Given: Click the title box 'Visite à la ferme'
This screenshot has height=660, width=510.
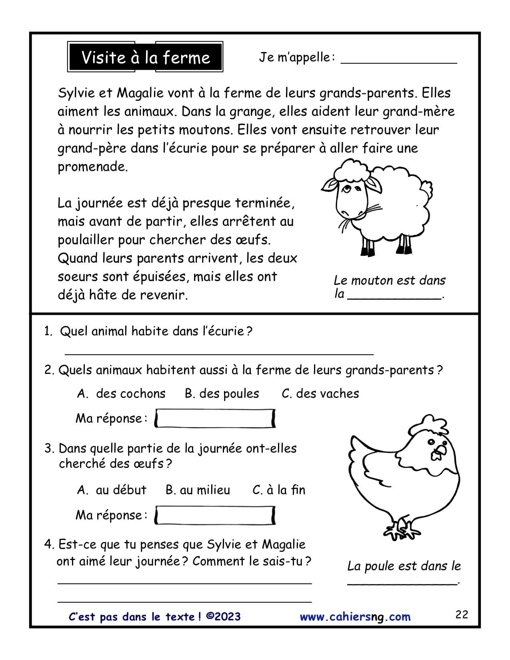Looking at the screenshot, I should (146, 57).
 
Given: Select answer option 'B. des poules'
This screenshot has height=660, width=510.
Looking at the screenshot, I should (222, 394).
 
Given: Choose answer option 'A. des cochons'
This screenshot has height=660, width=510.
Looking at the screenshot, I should (121, 394).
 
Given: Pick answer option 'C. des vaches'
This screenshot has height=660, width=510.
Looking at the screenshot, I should (320, 394).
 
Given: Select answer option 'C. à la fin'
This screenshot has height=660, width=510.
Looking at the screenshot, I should (279, 490).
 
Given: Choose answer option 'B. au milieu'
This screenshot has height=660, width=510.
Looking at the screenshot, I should (198, 490).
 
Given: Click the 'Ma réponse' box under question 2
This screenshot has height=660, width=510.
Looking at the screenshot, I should (215, 418).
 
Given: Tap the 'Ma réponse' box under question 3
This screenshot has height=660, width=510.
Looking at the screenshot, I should (215, 515).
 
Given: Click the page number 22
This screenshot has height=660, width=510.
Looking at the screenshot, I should (462, 614).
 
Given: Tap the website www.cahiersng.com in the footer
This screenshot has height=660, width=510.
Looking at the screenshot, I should (355, 617).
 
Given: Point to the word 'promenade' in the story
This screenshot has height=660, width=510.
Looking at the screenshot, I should (92, 167).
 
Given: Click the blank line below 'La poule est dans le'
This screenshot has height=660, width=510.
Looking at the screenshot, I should (402, 582).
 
